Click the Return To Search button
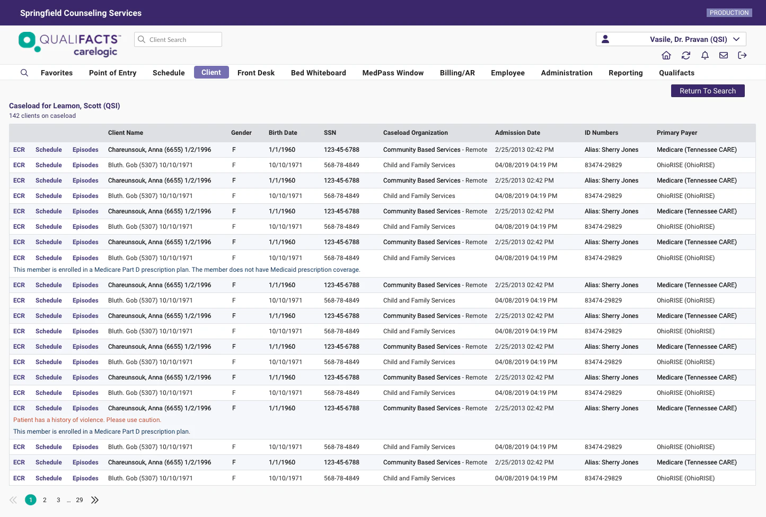point(707,91)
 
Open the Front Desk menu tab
point(256,73)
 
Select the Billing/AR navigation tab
point(457,73)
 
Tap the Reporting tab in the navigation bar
point(625,73)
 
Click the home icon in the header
point(666,55)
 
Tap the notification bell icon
point(705,55)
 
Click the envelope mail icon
point(723,55)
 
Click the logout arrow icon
point(742,55)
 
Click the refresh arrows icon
point(685,55)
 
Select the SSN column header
point(330,133)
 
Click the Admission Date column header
point(517,133)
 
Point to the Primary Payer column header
point(676,133)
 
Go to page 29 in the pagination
point(80,500)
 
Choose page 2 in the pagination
point(45,500)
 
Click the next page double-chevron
point(95,500)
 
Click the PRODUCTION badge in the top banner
point(729,13)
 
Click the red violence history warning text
point(87,420)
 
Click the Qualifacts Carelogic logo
point(69,44)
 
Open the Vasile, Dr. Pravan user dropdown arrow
point(736,39)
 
